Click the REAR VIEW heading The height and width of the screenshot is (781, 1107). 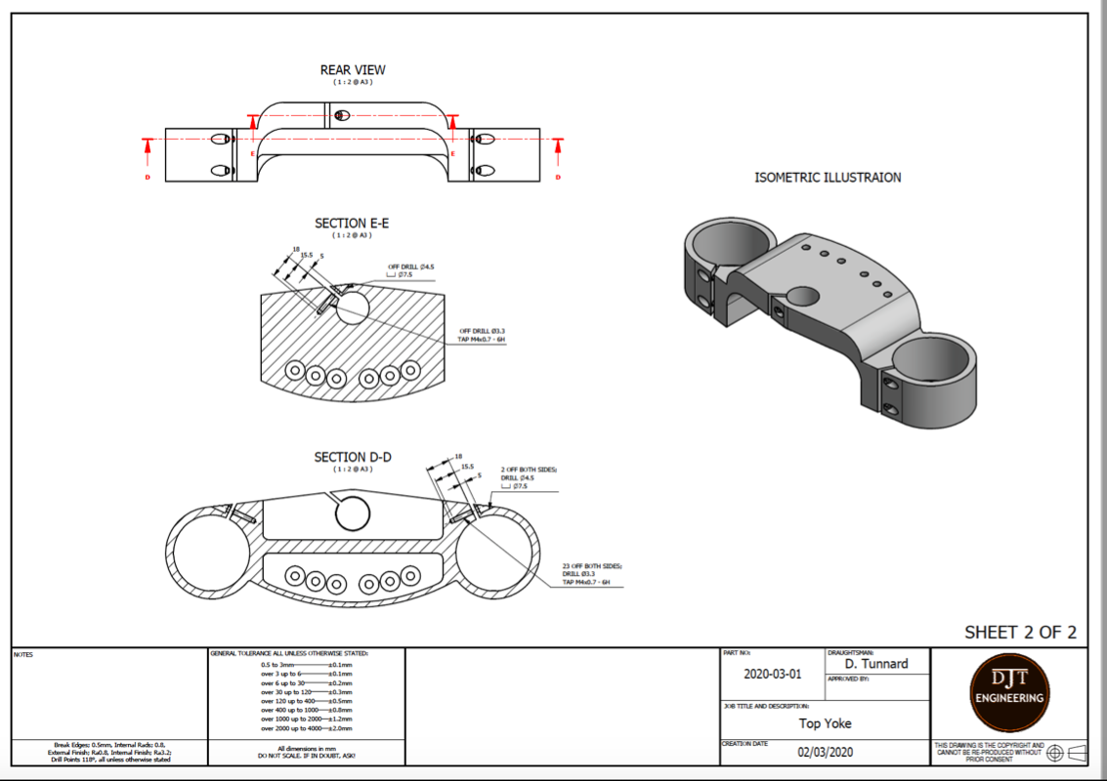click(x=353, y=70)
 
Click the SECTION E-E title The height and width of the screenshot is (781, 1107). click(x=352, y=224)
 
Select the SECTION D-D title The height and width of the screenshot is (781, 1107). click(x=352, y=457)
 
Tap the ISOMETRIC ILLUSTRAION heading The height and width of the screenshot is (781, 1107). click(x=828, y=178)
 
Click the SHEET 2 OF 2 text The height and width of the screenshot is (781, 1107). click(x=1020, y=632)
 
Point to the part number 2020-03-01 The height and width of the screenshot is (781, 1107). click(x=772, y=674)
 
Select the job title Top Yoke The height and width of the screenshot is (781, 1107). click(x=825, y=723)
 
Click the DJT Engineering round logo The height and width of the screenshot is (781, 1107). click(x=1009, y=694)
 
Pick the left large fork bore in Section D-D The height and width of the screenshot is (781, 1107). click(x=210, y=553)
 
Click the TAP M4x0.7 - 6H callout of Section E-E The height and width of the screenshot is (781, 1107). click(x=482, y=339)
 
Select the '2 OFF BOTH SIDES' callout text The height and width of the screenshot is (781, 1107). click(x=529, y=470)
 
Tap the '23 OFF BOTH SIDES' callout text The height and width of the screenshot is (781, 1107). click(x=592, y=565)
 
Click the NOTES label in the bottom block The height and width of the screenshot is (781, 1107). click(x=23, y=654)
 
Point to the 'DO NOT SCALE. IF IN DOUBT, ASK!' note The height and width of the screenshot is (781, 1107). click(x=307, y=757)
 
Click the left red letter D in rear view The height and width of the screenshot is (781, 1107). click(x=148, y=177)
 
